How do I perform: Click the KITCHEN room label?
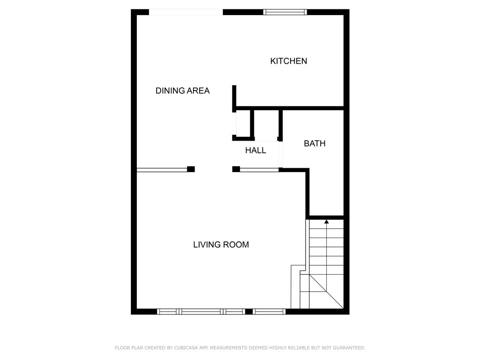pos(288,61)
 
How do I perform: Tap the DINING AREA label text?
pos(182,90)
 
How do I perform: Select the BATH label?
pos(315,143)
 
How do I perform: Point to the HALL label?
pos(255,150)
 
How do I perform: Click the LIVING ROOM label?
pos(221,245)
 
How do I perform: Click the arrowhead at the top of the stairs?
pos(326,221)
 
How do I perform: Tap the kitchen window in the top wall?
pos(285,12)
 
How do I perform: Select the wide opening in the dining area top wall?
pos(186,12)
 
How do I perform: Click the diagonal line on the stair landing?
pos(326,292)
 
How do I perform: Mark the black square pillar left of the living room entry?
pos(191,169)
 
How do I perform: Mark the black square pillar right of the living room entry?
pos(236,169)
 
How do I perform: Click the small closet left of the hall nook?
pos(243,123)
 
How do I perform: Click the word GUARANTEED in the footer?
pos(349,348)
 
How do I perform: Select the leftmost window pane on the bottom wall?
pos(167,312)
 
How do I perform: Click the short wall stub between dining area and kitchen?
pos(234,98)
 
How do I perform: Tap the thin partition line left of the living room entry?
pos(162,170)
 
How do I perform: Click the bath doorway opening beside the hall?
pos(281,155)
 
